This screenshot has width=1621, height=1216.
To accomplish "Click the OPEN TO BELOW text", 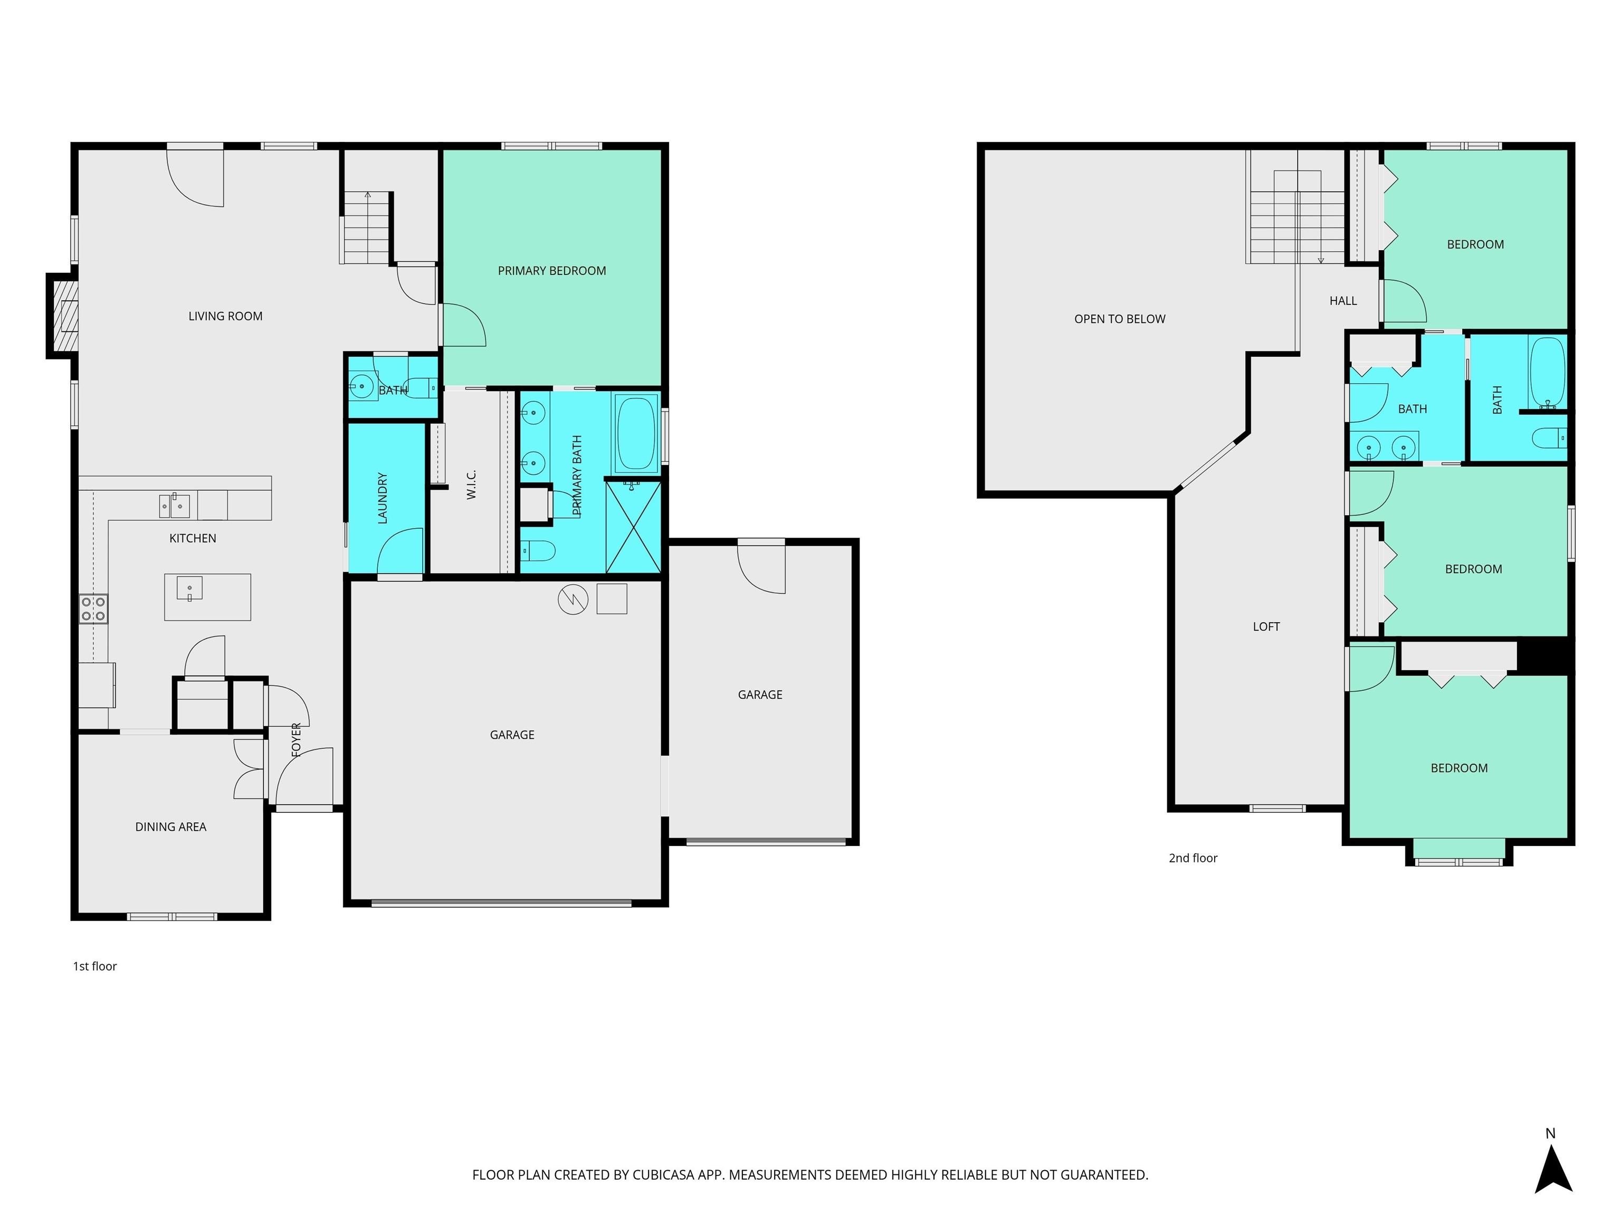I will (1119, 319).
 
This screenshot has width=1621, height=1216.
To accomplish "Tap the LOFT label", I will (1265, 626).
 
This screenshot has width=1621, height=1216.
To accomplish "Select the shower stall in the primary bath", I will (633, 526).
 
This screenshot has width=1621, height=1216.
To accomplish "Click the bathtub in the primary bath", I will (635, 433).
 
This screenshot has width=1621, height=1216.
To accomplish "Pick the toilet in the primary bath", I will (537, 550).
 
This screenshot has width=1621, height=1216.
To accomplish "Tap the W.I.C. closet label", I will (471, 485).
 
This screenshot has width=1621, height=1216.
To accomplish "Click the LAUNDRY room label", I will (382, 498).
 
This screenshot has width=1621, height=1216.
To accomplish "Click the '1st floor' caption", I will (94, 966).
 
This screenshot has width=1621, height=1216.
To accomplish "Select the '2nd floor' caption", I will (1193, 858).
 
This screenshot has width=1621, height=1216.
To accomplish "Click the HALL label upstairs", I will (1342, 300).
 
